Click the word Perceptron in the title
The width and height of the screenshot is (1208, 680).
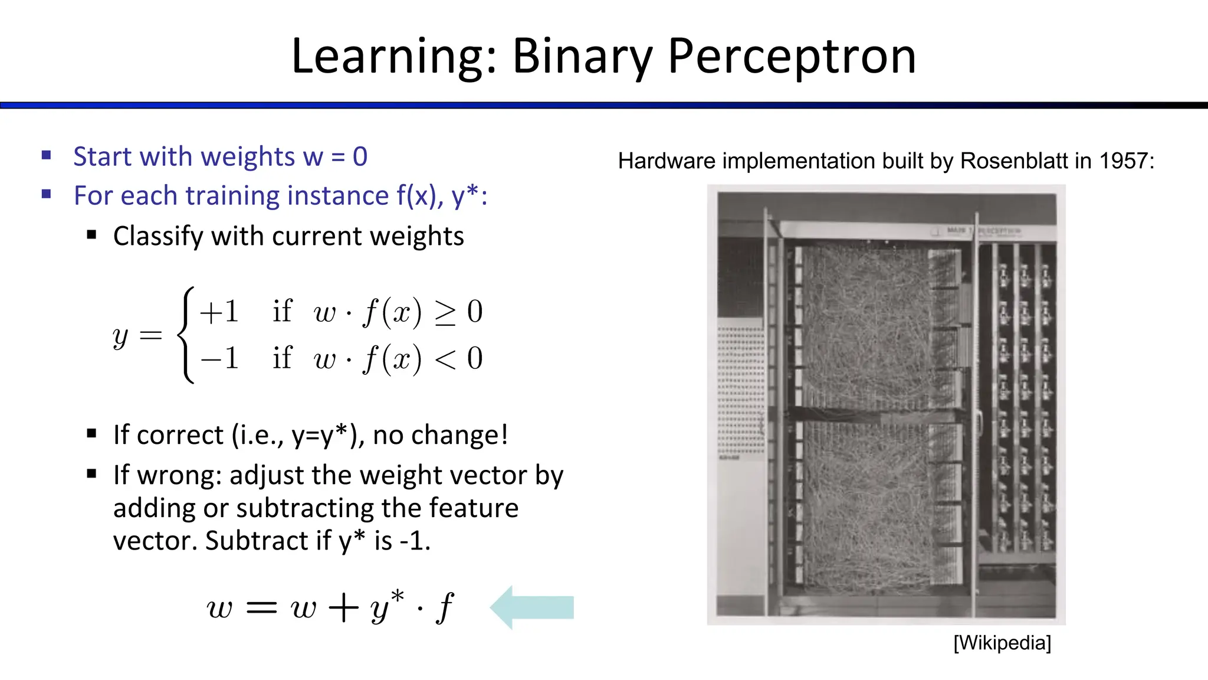[x=792, y=57]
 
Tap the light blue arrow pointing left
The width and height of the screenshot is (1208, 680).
[x=532, y=607]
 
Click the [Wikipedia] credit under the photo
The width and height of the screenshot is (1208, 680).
[x=1002, y=643]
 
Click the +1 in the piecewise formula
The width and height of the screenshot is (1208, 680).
[x=219, y=312]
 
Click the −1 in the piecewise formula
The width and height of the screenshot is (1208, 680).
[x=219, y=358]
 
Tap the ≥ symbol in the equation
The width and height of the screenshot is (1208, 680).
[x=445, y=313]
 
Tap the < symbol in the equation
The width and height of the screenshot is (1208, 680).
[x=445, y=359]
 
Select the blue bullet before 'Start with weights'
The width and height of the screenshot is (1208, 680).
[x=47, y=156]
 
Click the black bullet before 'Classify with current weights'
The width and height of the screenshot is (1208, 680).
[x=91, y=235]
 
